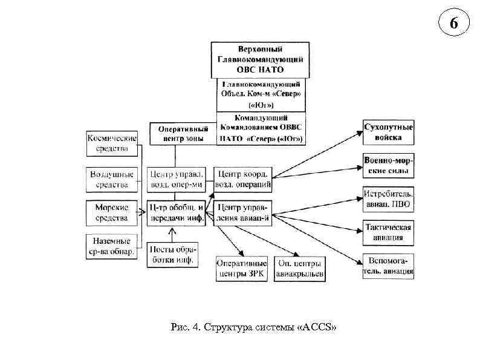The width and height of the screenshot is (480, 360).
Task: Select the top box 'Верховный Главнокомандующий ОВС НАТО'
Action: (259, 59)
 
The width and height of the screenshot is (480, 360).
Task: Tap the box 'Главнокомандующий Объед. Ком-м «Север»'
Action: (261, 94)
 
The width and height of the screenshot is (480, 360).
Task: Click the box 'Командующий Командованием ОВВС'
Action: (261, 128)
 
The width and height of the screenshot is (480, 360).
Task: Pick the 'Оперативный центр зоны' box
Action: (183, 134)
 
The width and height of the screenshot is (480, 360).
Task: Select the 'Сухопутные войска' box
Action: (389, 133)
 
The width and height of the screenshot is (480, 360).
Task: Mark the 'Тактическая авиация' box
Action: (389, 232)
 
